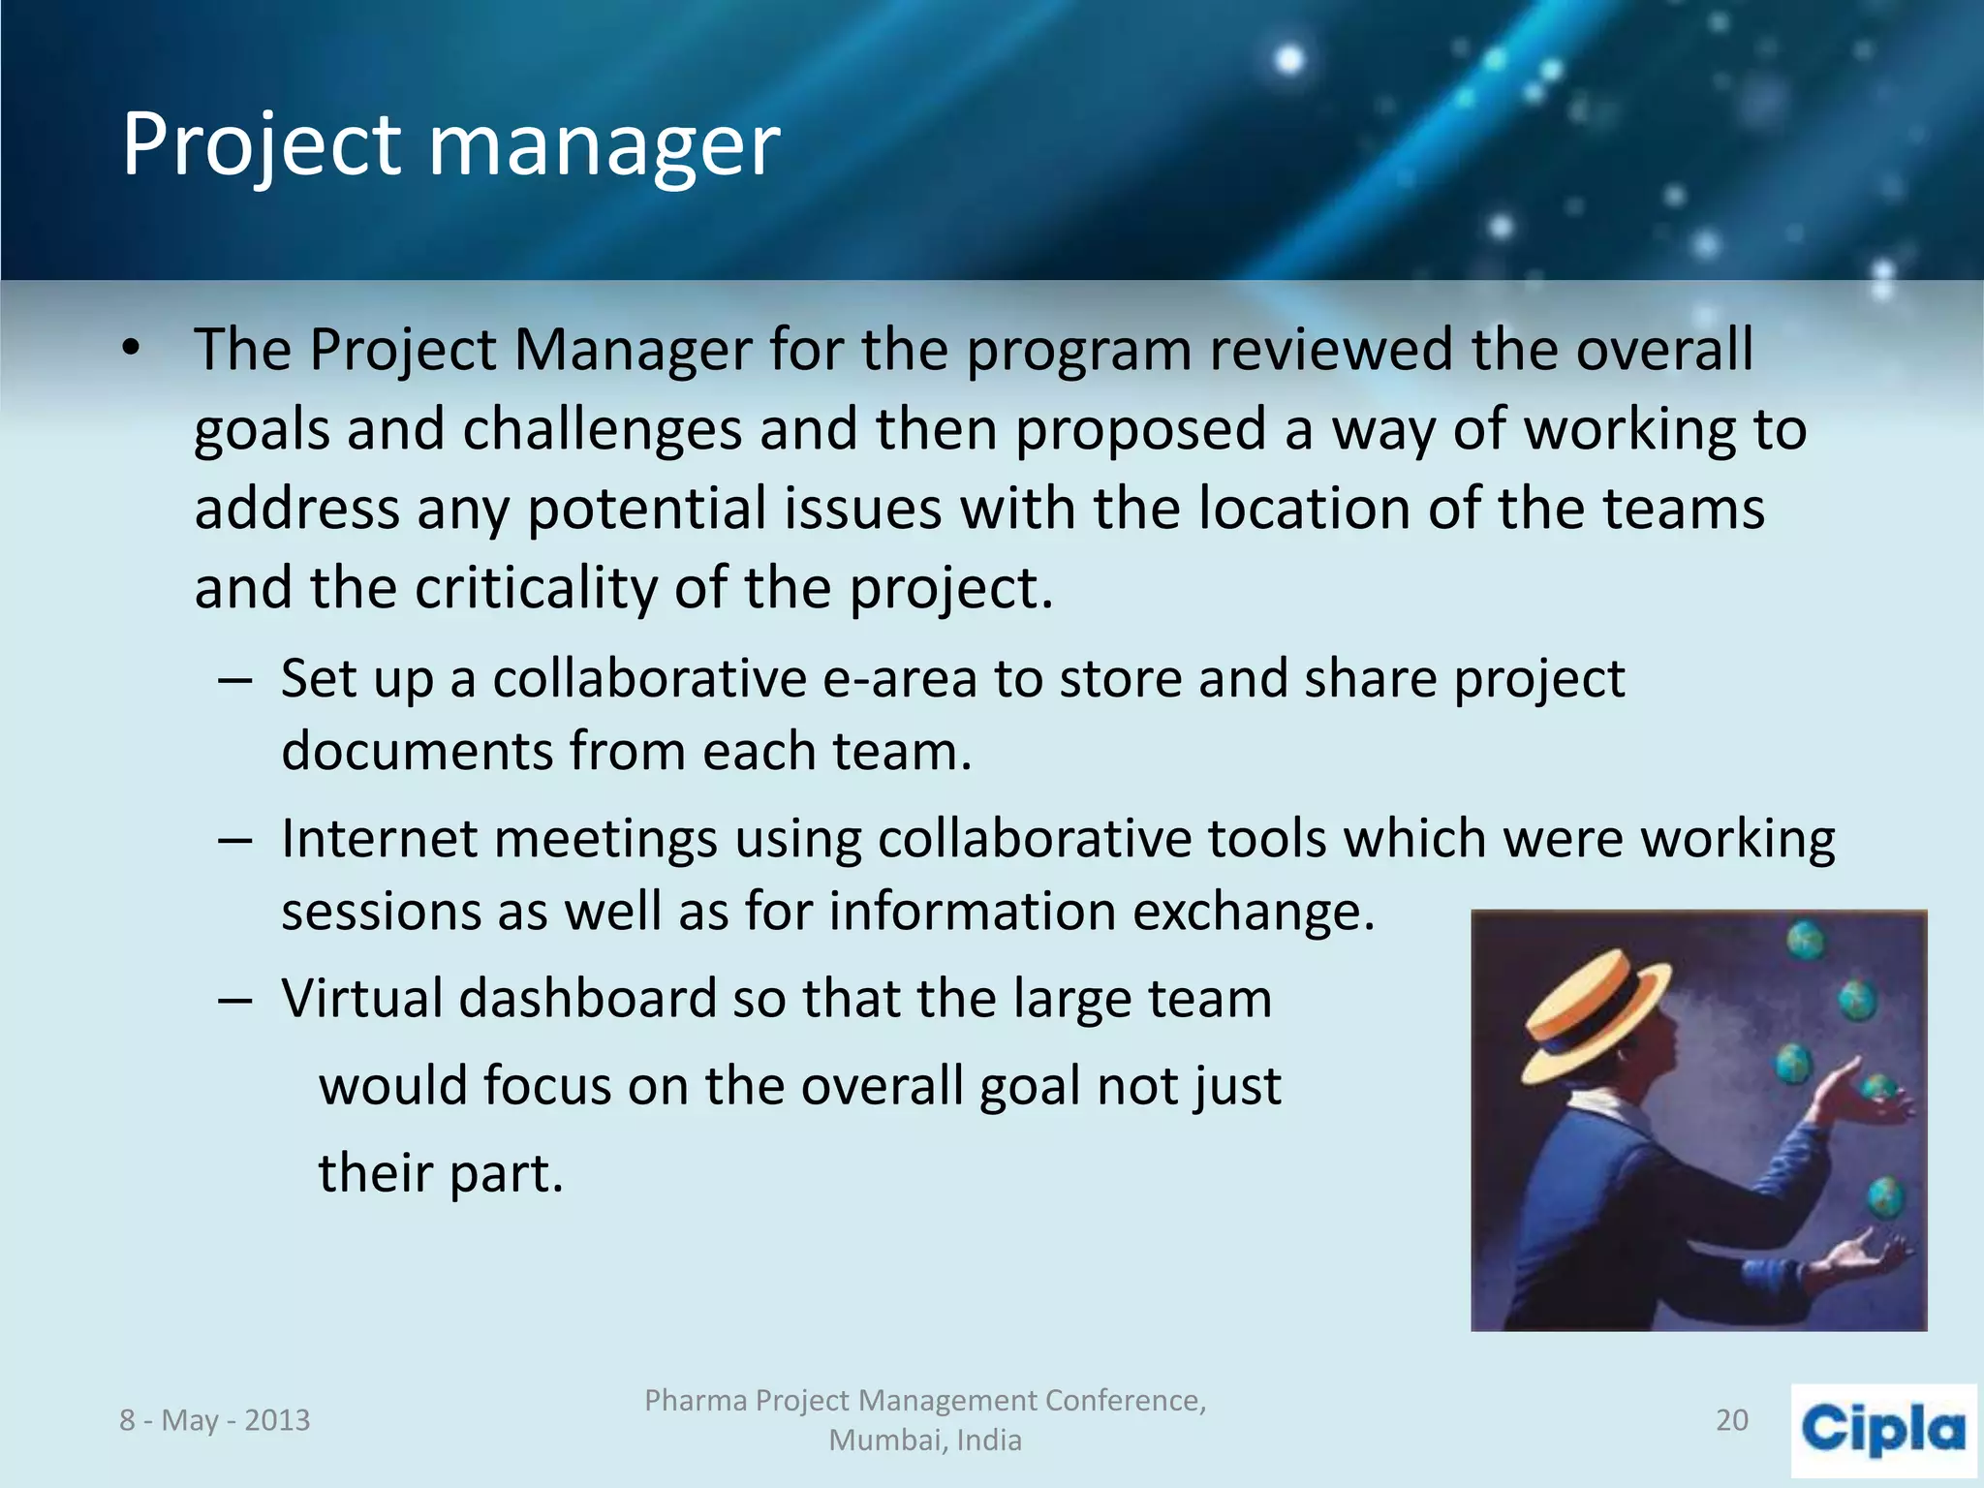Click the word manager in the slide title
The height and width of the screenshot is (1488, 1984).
point(604,145)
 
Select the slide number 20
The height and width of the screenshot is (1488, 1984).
point(1731,1420)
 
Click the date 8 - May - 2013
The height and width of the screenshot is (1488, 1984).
point(214,1420)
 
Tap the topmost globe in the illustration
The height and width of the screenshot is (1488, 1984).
point(1806,940)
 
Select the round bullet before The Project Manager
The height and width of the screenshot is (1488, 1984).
point(132,349)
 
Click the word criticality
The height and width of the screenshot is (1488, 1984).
point(535,588)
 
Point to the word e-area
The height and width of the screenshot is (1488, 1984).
point(899,678)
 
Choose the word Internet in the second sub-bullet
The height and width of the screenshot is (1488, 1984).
point(378,838)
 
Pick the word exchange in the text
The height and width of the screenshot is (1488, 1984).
point(1253,912)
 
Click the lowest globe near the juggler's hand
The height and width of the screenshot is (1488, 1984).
point(1885,1197)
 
